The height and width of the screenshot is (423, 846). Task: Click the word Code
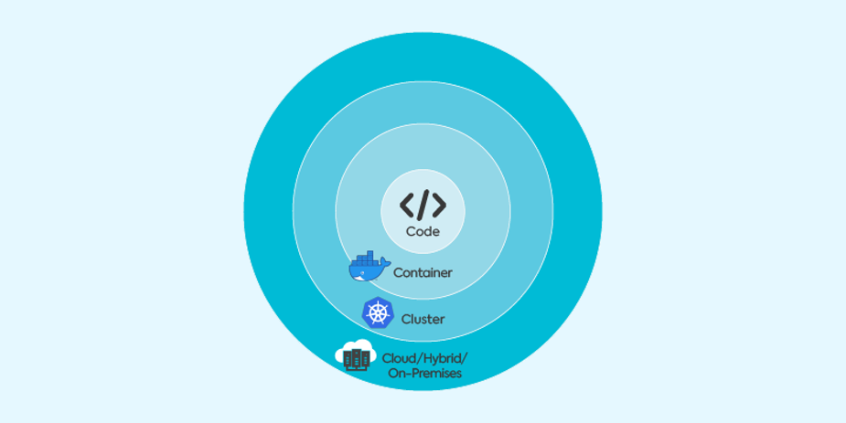(x=423, y=232)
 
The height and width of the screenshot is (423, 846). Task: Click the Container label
(x=423, y=272)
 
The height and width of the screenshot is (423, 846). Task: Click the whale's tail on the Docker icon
(x=385, y=262)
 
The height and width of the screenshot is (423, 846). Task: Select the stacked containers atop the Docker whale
(x=367, y=257)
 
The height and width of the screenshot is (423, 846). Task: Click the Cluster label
(x=423, y=319)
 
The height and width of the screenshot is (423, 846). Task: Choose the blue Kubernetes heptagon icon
(x=377, y=312)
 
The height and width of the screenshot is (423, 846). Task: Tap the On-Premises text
(x=425, y=373)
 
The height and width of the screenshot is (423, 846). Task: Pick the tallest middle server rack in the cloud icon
(x=356, y=359)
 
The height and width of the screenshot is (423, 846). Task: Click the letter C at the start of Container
(x=398, y=272)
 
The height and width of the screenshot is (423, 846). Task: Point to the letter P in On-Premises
(x=416, y=373)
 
